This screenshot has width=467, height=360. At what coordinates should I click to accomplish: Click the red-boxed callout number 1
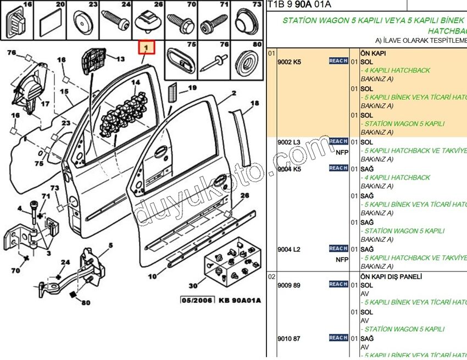click(147, 48)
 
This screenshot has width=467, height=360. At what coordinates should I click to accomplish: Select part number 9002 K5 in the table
click(290, 62)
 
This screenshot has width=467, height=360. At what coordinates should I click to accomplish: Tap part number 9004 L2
click(290, 250)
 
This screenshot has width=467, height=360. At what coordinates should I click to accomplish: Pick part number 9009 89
click(290, 285)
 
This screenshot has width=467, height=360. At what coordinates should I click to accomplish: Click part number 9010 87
click(290, 339)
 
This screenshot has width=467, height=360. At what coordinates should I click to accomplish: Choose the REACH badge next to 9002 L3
click(338, 142)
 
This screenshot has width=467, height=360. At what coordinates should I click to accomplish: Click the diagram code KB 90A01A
click(240, 301)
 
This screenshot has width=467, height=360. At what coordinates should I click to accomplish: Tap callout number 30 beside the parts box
click(193, 286)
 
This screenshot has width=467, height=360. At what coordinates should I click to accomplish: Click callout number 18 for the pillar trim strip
click(254, 103)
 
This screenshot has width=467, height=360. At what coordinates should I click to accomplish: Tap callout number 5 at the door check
click(110, 245)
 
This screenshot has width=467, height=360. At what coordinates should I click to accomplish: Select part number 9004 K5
click(290, 169)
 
